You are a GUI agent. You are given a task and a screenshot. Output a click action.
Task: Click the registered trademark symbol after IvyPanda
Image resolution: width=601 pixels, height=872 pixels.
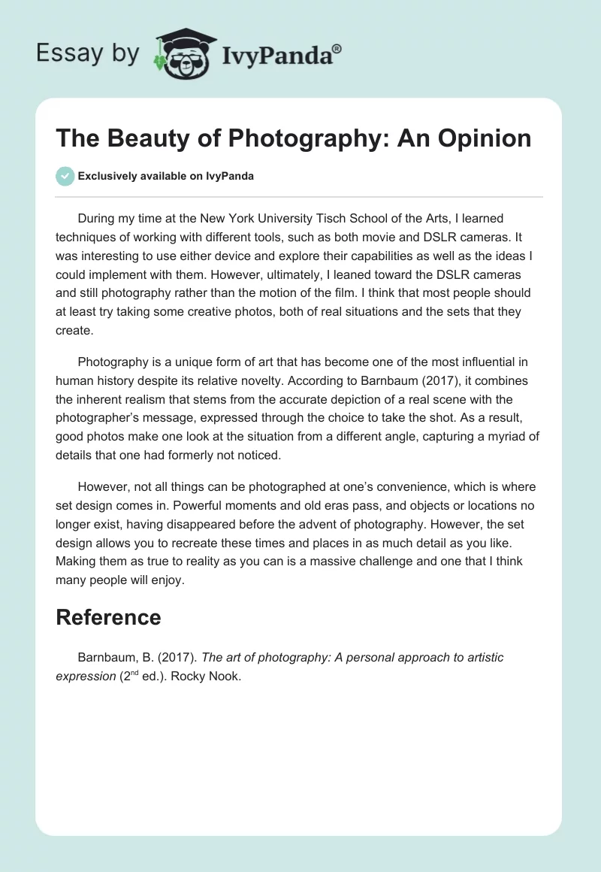coord(337,47)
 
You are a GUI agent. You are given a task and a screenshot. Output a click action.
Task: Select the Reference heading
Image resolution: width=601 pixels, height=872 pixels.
coord(108,617)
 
